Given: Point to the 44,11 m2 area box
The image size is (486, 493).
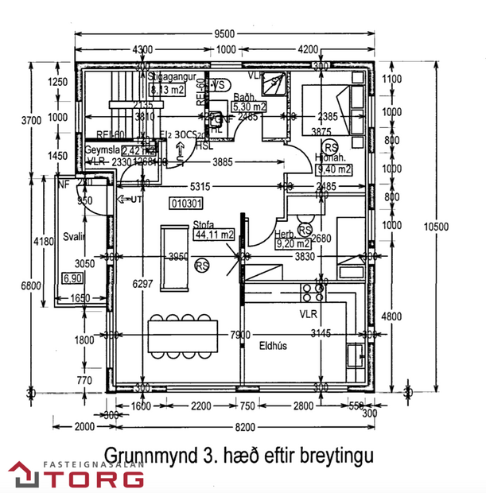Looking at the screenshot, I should [216, 235].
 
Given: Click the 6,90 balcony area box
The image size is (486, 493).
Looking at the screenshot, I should [72, 278].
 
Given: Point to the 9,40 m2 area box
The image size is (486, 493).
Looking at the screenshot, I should [333, 169].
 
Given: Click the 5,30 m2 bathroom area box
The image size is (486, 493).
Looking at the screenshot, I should [249, 106].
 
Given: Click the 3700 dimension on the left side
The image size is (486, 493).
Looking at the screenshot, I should [29, 121].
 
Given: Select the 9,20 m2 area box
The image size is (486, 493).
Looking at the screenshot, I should [290, 244].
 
